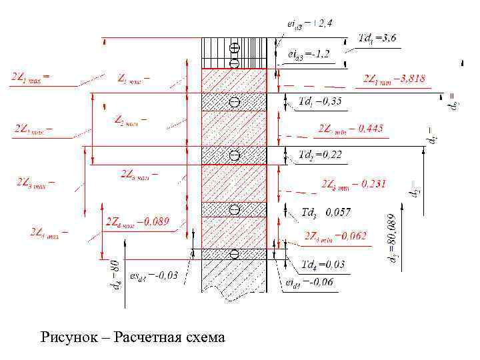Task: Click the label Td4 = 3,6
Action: point(377,38)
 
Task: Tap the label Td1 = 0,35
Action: point(320,101)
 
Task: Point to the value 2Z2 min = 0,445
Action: point(351,129)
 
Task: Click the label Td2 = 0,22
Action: point(320,155)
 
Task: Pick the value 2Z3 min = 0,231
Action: point(353,183)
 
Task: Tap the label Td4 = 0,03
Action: point(323,265)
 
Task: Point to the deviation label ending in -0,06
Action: point(309,283)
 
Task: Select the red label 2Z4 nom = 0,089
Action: point(137,221)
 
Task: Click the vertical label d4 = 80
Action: point(115,275)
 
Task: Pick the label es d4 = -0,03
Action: point(154,276)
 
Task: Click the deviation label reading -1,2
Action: point(307,52)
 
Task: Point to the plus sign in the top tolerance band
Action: point(234,48)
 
